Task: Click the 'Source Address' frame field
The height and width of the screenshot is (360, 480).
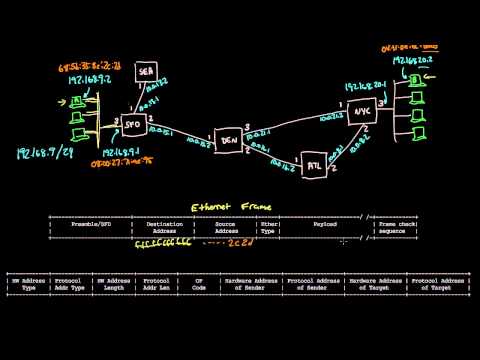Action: pos(226,229)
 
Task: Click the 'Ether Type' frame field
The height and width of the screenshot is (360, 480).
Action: pos(267,229)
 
